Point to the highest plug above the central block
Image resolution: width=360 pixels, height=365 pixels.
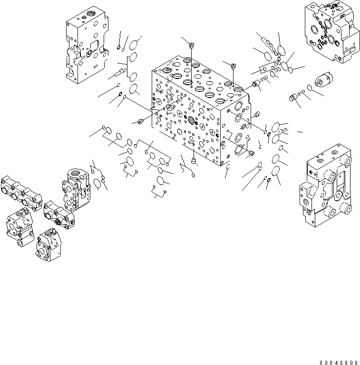[191, 46]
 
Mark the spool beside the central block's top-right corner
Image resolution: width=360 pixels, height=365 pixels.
[257, 85]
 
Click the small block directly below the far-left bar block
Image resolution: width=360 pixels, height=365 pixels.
[20, 223]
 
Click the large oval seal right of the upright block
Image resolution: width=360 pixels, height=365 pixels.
[97, 183]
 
